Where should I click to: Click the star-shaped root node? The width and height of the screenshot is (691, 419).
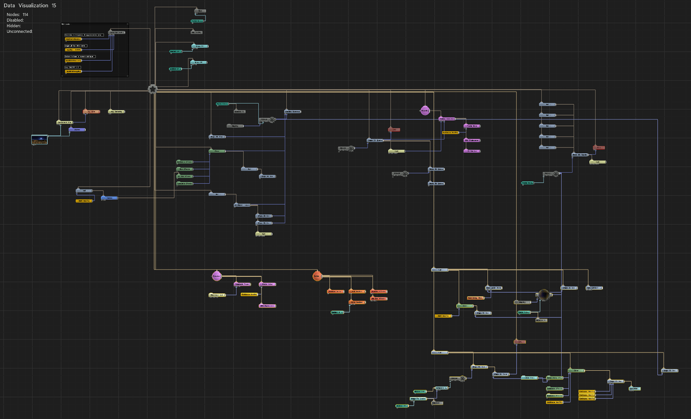153,89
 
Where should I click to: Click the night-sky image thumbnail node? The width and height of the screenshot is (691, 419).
40,139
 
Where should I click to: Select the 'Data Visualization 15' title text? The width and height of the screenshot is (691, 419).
30,5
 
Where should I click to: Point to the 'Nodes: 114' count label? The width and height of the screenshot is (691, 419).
17,15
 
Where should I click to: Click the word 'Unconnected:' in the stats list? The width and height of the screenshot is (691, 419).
19,32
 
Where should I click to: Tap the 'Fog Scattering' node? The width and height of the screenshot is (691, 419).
117,112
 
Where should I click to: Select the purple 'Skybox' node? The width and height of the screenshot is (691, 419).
77,130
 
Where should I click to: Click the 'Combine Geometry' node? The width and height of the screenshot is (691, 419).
293,112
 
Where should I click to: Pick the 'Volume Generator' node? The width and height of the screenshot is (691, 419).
447,119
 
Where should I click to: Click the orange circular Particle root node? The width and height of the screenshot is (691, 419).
317,276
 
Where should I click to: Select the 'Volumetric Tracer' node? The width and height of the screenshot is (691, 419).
242,284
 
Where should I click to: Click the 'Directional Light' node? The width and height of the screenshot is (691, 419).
217,295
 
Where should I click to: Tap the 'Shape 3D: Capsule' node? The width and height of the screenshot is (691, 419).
580,155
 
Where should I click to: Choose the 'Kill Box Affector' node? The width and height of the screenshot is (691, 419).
379,299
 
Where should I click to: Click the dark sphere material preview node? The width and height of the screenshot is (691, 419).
544,295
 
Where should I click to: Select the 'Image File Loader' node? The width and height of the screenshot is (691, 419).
418,399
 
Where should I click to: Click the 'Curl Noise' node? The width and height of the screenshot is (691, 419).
634,389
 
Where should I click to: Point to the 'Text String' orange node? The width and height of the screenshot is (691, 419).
475,298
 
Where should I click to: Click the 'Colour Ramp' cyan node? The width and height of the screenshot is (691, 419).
529,378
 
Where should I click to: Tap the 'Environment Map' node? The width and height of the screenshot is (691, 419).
65,122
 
